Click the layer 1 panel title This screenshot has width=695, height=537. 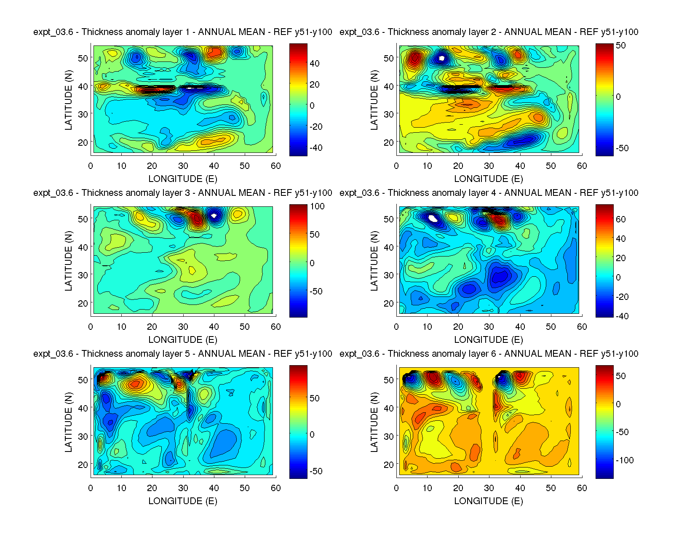tap(182, 32)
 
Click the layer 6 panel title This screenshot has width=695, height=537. tap(489, 354)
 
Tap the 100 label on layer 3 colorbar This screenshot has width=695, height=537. tap(317, 206)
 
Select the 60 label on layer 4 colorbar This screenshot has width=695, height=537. tap(620, 219)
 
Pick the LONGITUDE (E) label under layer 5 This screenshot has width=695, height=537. tap(182, 501)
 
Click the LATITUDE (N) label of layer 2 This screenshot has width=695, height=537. tap(374, 100)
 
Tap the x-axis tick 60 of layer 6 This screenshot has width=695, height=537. tap(582, 488)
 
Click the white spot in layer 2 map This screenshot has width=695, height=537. tap(441, 59)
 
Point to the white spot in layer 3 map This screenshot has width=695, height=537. tap(214, 216)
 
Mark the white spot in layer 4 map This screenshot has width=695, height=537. tap(433, 218)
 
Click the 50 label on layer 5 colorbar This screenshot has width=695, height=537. tap(314, 398)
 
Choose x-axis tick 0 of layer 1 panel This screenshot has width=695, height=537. tap(91, 166)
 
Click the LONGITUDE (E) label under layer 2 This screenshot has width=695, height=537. tap(489, 179)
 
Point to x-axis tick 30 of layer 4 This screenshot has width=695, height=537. tap(489, 327)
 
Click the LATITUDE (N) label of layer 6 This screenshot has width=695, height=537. tap(374, 422)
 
